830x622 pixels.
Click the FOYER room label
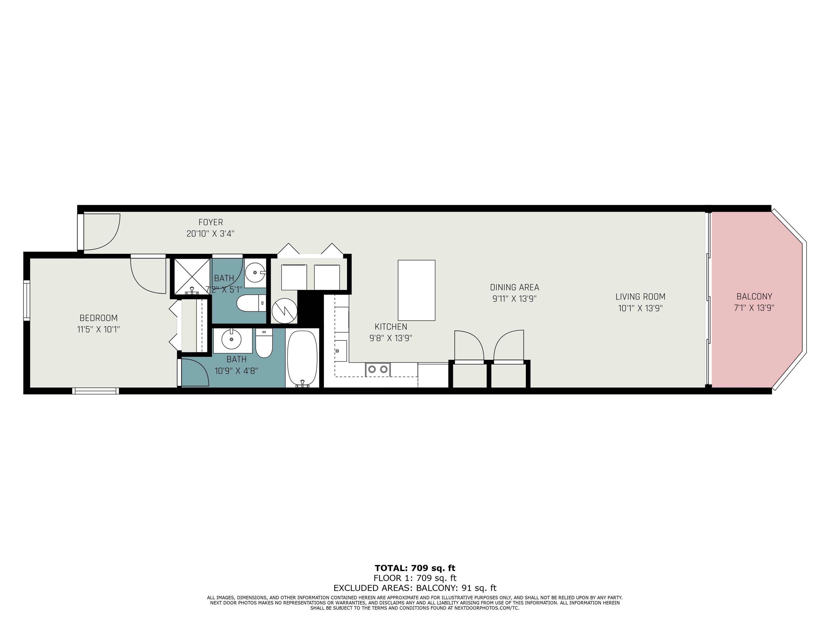(x=210, y=223)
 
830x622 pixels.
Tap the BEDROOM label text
(x=99, y=318)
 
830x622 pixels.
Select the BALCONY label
(x=754, y=297)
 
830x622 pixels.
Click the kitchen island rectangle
(x=417, y=290)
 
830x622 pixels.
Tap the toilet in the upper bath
(x=251, y=303)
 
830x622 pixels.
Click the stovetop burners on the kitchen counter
(x=378, y=369)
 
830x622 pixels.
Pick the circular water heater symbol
(x=285, y=310)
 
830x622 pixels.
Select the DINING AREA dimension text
(x=514, y=299)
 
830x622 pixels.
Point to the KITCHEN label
(x=391, y=327)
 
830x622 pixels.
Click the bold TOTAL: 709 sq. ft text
(x=415, y=568)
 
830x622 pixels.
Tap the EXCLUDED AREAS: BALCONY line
(x=415, y=588)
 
